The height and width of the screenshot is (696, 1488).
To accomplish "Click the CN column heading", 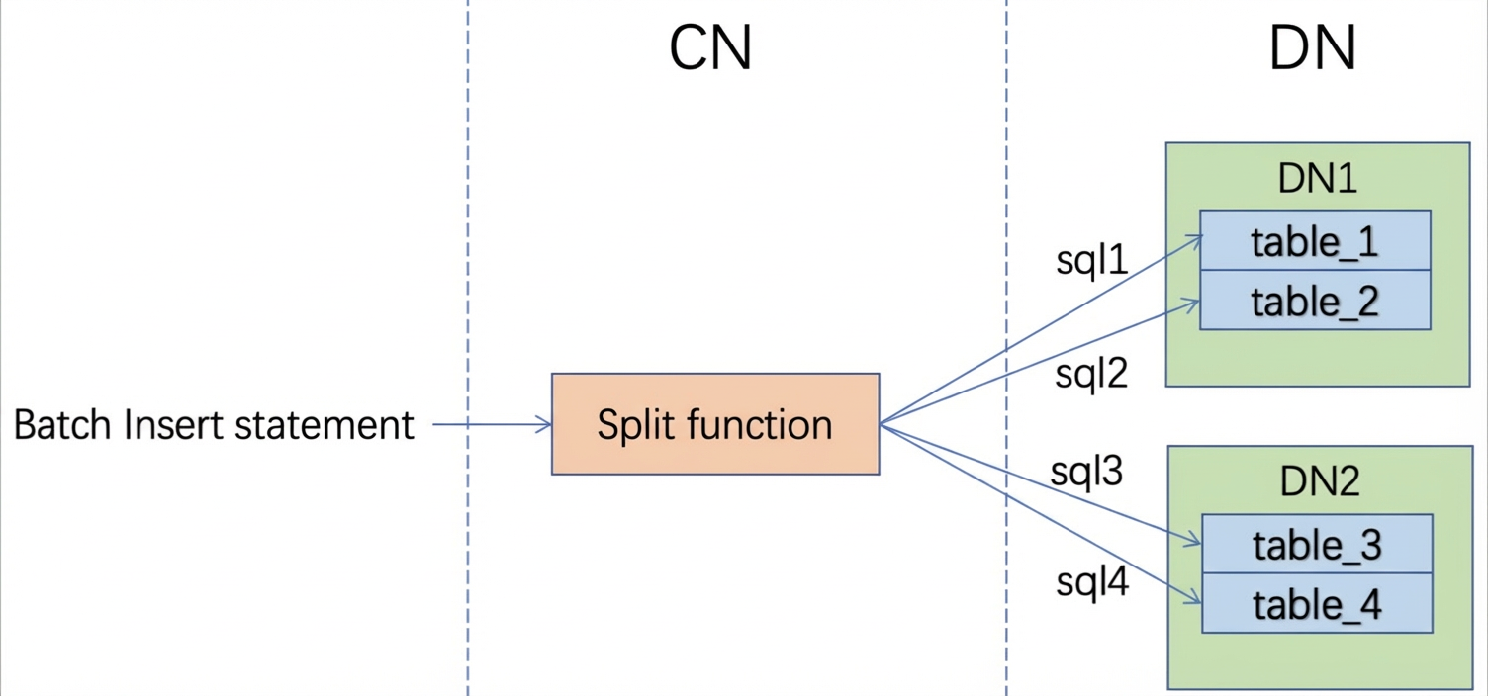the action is tap(710, 47).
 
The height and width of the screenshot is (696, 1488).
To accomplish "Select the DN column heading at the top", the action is tap(1312, 47).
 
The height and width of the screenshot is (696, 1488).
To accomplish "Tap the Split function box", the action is tap(715, 424).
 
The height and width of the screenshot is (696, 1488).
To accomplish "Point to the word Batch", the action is tap(62, 425).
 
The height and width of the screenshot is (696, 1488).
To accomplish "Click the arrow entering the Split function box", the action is tap(493, 424).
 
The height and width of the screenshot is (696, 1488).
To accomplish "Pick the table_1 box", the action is tap(1315, 240).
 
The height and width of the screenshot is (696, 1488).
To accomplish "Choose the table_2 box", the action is tap(1315, 300).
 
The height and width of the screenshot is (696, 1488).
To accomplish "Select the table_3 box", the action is tap(1317, 544).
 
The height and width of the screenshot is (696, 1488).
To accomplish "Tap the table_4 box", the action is tap(1317, 603).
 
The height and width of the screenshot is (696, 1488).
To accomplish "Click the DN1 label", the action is tap(1317, 178).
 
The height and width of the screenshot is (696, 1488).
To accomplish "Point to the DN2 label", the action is tap(1319, 481).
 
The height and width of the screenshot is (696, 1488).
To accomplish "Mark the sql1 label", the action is tap(1092, 260).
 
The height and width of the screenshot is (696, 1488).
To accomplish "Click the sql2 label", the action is tap(1091, 373).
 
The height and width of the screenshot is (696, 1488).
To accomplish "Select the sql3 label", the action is tap(1086, 472).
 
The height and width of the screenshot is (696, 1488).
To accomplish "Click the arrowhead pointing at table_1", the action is tap(1194, 240).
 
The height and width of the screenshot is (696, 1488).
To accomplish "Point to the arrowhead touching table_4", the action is tap(1194, 598).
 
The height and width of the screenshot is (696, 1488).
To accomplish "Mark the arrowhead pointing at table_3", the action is tap(1193, 541).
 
